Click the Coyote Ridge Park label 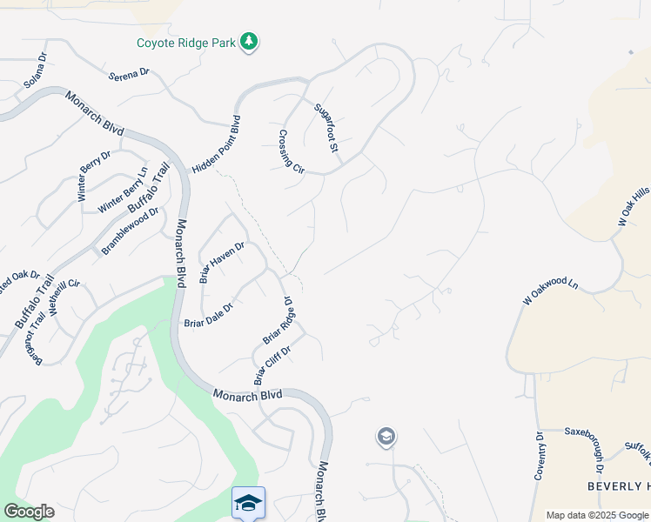pyautogui.click(x=186, y=43)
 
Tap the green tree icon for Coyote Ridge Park pyautogui.click(x=250, y=42)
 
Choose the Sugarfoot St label pyautogui.click(x=325, y=127)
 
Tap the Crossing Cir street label pyautogui.click(x=291, y=151)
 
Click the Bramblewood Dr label pyautogui.click(x=131, y=231)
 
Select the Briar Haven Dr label pyautogui.click(x=223, y=262)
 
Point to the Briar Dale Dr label pyautogui.click(x=209, y=315)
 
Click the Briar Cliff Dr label pyautogui.click(x=272, y=364)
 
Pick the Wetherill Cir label pyautogui.click(x=65, y=297)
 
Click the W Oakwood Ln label pyautogui.click(x=551, y=291)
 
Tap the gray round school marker pyautogui.click(x=386, y=437)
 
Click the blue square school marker pyautogui.click(x=248, y=504)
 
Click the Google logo pyautogui.click(x=29, y=512)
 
